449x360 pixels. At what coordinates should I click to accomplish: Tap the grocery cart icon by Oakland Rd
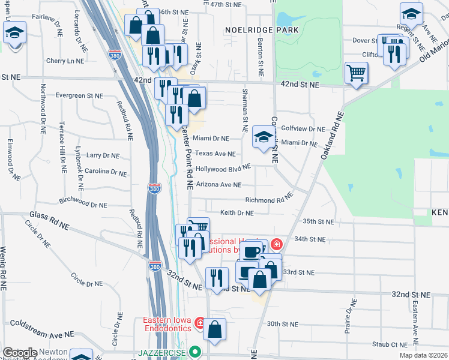356,73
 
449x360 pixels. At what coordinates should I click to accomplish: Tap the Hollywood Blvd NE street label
223,169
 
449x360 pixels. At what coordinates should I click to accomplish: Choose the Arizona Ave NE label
218,185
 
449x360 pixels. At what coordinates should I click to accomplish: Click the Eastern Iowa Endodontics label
167,323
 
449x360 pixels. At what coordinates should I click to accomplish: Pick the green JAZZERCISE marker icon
194,352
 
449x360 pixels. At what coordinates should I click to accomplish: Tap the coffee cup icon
253,250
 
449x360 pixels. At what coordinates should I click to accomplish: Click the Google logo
20,353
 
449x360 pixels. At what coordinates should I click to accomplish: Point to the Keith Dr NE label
237,212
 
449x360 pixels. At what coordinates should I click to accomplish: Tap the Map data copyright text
423,355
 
